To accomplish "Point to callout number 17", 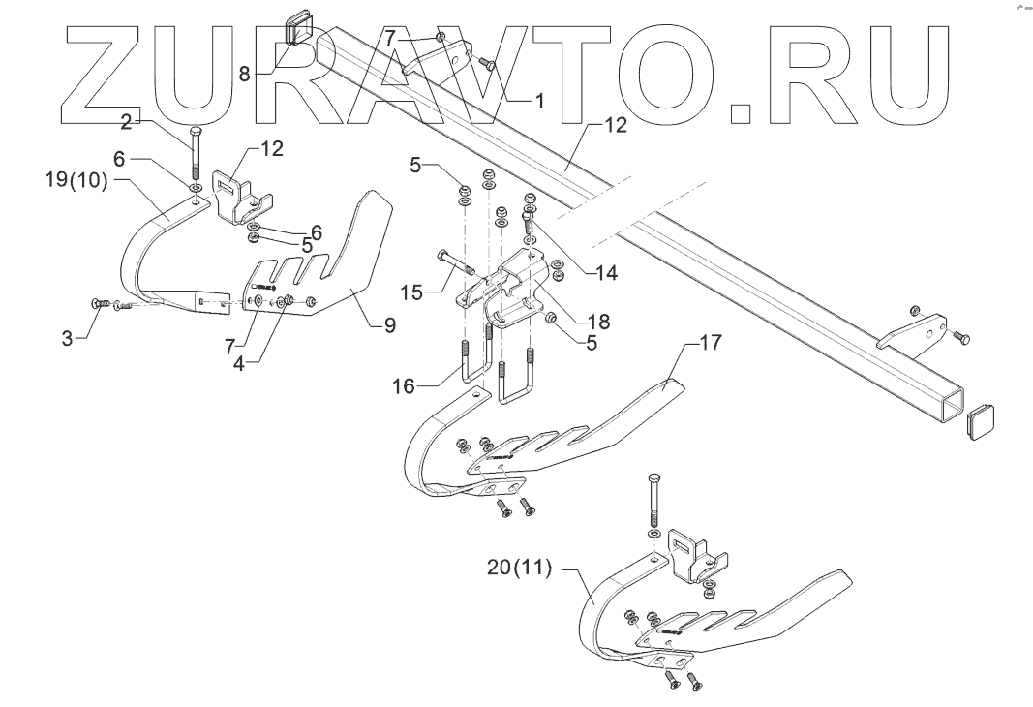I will (711, 343).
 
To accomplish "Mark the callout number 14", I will (606, 273).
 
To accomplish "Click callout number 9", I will (389, 326).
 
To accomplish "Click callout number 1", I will (539, 99).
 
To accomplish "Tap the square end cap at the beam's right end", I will (981, 423).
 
